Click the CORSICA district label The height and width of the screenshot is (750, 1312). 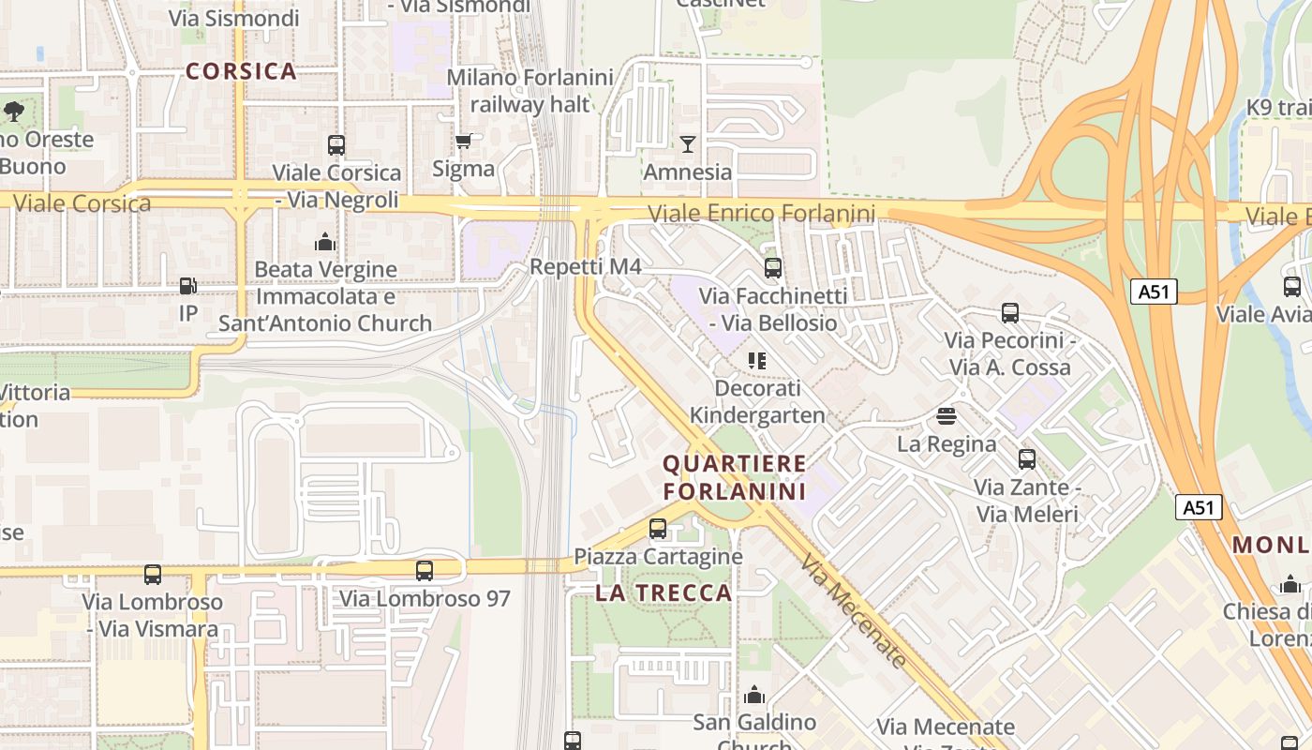241,71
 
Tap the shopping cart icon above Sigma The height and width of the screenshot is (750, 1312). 463,142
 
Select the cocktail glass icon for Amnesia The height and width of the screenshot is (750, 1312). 688,143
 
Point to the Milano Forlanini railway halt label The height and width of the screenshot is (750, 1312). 529,91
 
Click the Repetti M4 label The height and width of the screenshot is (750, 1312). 585,267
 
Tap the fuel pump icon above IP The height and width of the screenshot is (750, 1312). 188,285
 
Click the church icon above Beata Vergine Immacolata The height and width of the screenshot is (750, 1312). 325,242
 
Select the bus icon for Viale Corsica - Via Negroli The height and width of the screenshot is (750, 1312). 336,145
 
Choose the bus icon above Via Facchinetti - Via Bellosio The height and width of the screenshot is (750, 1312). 773,268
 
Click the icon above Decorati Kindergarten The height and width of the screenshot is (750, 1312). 757,361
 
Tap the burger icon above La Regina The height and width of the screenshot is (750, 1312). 947,415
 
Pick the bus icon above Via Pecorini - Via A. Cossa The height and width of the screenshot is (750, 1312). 1010,313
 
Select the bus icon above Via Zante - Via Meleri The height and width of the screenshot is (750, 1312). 1027,459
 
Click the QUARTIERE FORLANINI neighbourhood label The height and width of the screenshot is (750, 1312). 735,477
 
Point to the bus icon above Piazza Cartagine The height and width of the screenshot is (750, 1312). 658,529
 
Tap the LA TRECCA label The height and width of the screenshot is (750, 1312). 663,592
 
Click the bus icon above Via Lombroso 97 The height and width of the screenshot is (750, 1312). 425,570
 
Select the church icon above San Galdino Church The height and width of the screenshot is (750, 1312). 754,695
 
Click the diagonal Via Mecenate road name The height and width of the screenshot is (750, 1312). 854,610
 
